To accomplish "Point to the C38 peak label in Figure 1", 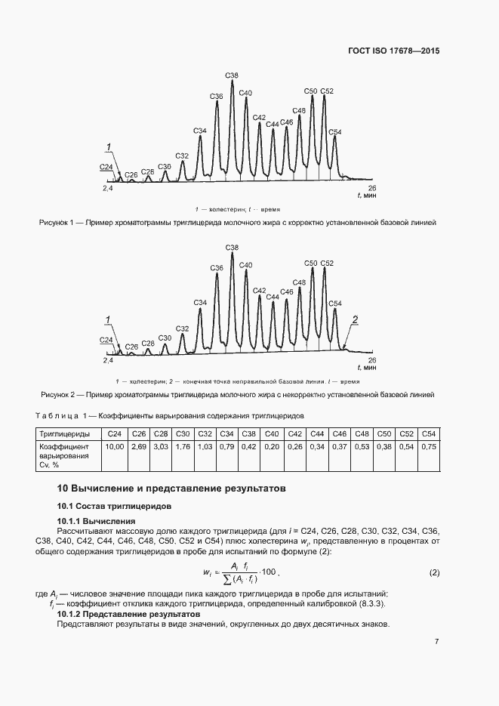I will coord(232,75).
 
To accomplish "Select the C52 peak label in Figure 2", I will coord(327,263).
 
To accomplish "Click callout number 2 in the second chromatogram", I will coord(355,320).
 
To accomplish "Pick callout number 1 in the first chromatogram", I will coord(109,146).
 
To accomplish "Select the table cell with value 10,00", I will coord(115,447).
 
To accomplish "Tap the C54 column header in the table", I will coord(428,433).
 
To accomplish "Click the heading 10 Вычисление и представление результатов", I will coord(171,489).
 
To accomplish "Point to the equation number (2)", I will coord(434,573).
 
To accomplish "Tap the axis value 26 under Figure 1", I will coord(371,187).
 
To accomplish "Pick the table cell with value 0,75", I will coord(429,447).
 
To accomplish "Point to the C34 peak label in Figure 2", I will coord(199,302).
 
